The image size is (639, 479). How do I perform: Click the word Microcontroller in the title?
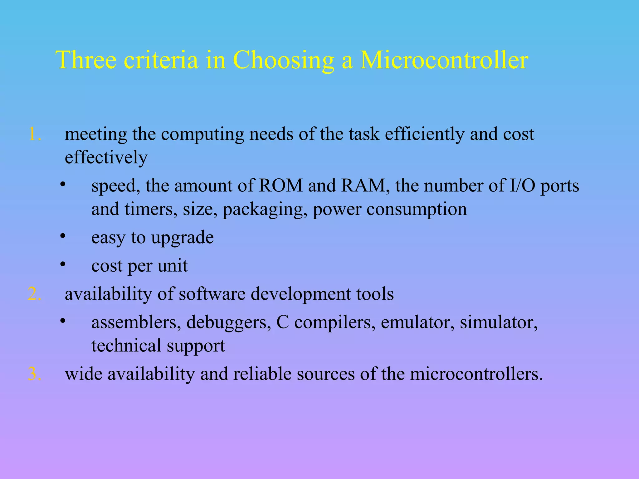click(x=444, y=60)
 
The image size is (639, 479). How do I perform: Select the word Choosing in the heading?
click(x=283, y=60)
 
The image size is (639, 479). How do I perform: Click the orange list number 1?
click(x=35, y=134)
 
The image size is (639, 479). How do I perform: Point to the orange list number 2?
click(x=35, y=294)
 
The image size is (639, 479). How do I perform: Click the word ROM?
click(x=281, y=186)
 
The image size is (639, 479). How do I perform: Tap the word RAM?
click(x=365, y=186)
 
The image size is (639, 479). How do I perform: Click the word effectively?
click(x=106, y=157)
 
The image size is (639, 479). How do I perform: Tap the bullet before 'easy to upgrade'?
click(x=63, y=236)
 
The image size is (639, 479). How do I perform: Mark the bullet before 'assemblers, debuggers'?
click(x=63, y=321)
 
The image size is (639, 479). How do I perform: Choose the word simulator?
click(x=499, y=322)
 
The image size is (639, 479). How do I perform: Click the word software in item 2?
click(x=212, y=294)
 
